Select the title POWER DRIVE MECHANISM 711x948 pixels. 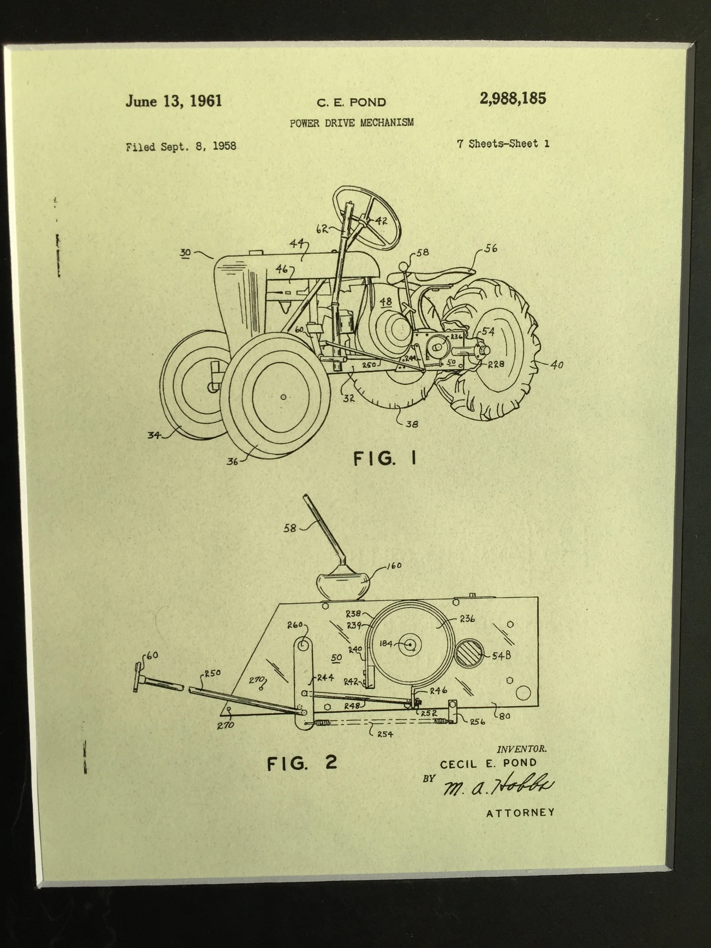(351, 123)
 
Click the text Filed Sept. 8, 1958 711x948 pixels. (181, 147)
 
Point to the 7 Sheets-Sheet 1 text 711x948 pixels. (503, 144)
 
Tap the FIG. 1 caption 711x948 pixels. (385, 459)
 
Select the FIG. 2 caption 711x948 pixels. (302, 763)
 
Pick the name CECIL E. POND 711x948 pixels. (488, 763)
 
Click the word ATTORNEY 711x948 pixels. (520, 813)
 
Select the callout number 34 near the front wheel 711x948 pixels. (153, 435)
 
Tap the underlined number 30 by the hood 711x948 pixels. (185, 253)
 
